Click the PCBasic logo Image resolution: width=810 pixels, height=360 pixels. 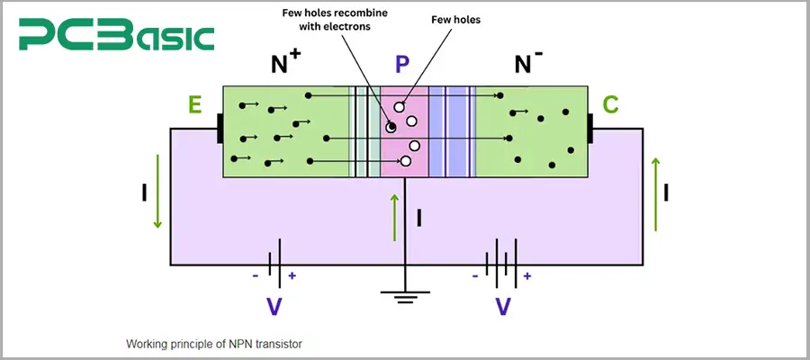(118, 37)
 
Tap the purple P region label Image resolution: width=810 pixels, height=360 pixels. (402, 65)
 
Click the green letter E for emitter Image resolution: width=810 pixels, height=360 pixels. (194, 105)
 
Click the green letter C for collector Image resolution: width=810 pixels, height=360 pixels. (610, 105)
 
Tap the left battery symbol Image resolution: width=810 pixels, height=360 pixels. (275, 264)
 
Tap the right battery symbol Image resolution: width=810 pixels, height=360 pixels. (502, 264)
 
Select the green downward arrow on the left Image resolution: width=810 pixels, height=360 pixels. (158, 191)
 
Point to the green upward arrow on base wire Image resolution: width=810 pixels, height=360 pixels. (394, 216)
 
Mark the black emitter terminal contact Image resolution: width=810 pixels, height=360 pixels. (219, 128)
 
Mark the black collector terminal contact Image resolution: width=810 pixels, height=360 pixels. (591, 128)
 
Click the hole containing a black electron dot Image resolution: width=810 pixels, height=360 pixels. (391, 127)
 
